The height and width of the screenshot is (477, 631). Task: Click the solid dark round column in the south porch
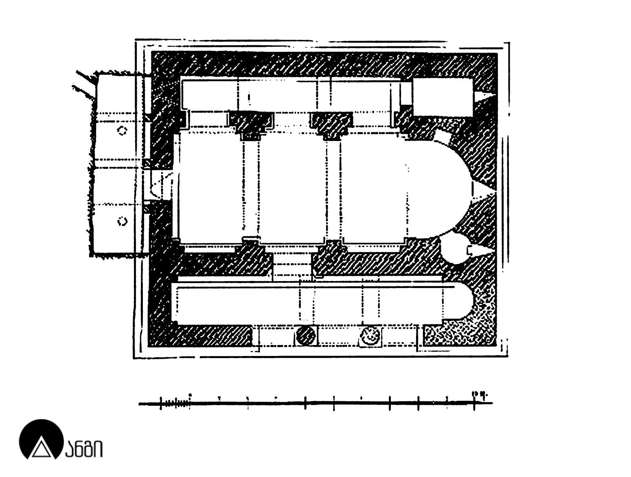(305, 335)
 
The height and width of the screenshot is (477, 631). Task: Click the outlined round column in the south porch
(370, 335)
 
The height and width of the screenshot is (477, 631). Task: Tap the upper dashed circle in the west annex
(122, 130)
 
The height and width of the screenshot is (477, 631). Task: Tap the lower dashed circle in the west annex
(122, 222)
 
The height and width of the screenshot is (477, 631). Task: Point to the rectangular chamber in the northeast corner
(443, 97)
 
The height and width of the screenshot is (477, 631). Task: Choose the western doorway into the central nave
(161, 185)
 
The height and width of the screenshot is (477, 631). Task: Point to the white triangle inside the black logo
(41, 449)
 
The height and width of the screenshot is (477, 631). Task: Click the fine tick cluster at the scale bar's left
(176, 403)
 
